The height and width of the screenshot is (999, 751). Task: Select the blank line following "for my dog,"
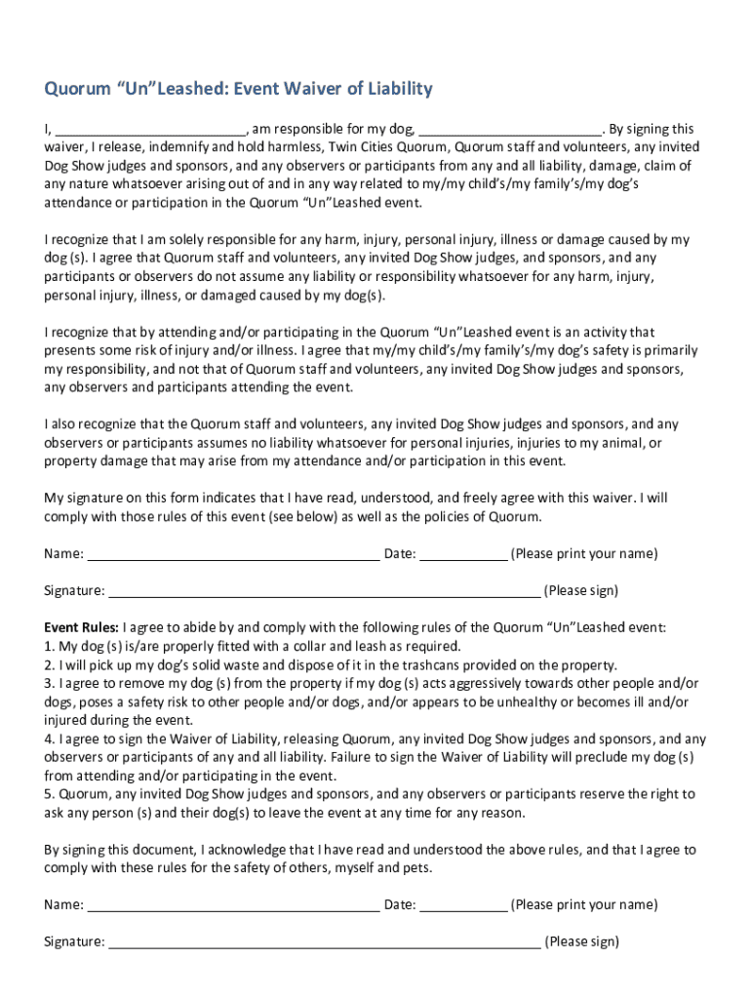point(510,130)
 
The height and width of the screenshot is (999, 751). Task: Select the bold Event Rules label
point(81,627)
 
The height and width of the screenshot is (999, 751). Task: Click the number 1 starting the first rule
point(48,646)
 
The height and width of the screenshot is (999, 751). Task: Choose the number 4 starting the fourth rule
point(48,739)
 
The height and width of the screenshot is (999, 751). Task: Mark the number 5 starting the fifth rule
point(48,794)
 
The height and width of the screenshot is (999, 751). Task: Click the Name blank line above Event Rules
point(233,555)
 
